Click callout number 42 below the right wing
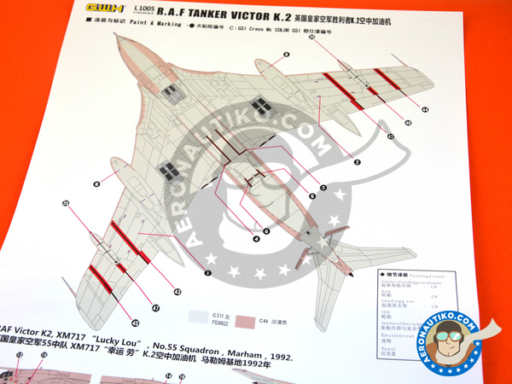(x=391, y=136)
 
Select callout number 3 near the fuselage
(x=323, y=186)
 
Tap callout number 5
(x=312, y=196)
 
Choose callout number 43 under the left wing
(x=177, y=292)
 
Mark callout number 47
(x=155, y=308)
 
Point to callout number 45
(x=135, y=323)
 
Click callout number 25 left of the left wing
(x=66, y=202)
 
